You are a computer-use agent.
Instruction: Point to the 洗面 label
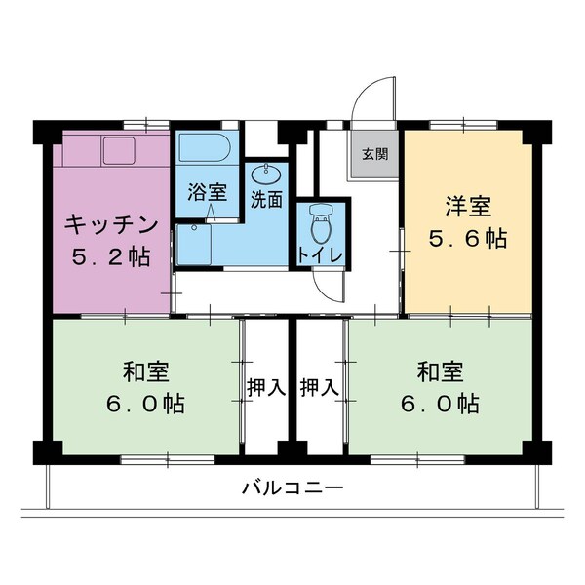(x=266, y=200)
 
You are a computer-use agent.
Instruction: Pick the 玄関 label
(x=374, y=154)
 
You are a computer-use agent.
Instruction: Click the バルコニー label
(x=292, y=487)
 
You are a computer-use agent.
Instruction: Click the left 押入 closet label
(x=265, y=387)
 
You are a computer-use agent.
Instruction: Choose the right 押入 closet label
(x=319, y=387)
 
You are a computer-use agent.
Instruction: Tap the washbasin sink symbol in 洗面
(x=265, y=175)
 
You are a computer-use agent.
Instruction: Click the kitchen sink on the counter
(x=121, y=150)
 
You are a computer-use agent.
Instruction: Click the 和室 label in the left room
(x=146, y=371)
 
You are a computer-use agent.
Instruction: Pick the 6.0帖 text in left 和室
(x=146, y=403)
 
